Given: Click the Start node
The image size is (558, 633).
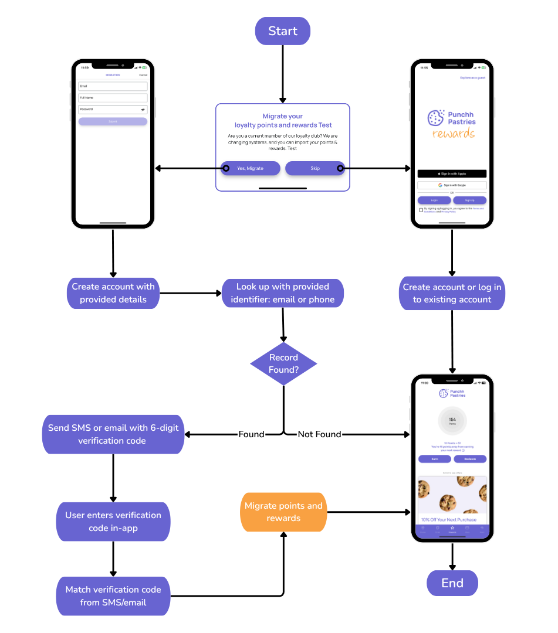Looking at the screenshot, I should click(x=282, y=31).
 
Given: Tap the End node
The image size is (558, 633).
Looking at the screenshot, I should click(x=452, y=583).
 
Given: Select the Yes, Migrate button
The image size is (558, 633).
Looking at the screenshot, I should click(x=250, y=168).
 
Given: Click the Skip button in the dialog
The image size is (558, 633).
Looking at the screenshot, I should click(x=315, y=168).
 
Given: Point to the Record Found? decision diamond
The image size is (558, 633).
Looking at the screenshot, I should click(x=283, y=364).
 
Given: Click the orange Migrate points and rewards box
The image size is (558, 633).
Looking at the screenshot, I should click(x=283, y=512).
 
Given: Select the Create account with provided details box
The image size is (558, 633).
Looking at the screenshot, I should click(x=113, y=293).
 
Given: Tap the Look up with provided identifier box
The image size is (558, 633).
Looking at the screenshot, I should click(x=283, y=293).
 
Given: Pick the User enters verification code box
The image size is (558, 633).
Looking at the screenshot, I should click(x=113, y=522).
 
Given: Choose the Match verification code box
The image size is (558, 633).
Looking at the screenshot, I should click(x=113, y=595).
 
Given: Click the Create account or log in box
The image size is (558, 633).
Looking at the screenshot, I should click(x=452, y=293).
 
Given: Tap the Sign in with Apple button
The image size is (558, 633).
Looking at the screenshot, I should click(x=452, y=173).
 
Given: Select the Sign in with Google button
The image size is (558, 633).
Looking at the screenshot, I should click(x=452, y=185).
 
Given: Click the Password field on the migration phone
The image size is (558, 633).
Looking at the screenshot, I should click(x=113, y=109).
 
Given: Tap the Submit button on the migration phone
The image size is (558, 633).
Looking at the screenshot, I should click(x=113, y=121).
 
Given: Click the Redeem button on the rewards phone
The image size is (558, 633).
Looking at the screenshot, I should click(x=469, y=459).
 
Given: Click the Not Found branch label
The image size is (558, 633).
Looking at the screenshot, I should click(x=319, y=434).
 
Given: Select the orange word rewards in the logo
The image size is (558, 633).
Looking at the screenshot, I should click(x=454, y=134).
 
